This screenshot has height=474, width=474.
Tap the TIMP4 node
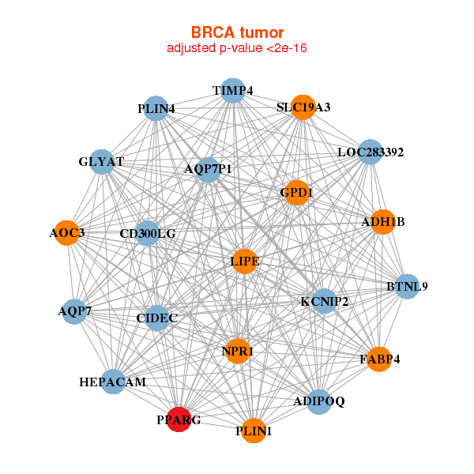point(232,91)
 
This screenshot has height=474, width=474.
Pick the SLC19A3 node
point(303,107)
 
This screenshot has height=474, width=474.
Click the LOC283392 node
point(370,152)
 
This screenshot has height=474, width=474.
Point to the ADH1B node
point(382,222)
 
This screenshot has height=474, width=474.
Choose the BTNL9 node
point(406,286)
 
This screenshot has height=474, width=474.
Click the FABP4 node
point(379,359)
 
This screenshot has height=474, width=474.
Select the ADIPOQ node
point(318,402)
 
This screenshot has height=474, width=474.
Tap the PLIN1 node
point(254,431)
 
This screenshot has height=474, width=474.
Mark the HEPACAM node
point(113,382)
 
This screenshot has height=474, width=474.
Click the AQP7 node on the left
point(75,311)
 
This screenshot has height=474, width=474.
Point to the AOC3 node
point(67,232)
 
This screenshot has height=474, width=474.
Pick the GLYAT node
point(102,162)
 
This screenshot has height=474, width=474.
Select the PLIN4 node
point(156,108)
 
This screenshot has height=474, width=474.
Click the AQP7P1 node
point(208,169)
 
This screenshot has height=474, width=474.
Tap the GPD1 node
point(296,192)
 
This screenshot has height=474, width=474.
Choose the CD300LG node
point(148,234)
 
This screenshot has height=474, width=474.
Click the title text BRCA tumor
point(237,32)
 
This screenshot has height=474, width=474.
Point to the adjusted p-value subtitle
point(237,48)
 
